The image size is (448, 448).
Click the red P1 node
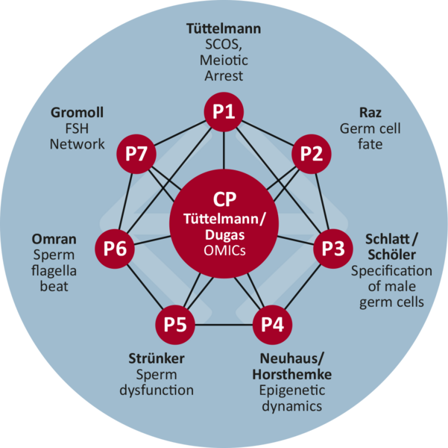point(224,112)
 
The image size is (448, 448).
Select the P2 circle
point(310,153)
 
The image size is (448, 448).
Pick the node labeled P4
point(272,325)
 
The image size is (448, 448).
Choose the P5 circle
point(175,325)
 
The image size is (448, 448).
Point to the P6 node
point(115,247)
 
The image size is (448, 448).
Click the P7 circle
point(136,153)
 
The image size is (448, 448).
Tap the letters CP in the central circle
point(224,200)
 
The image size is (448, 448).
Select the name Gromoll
point(78,113)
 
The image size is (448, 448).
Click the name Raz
point(370,113)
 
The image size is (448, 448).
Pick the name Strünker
point(157,358)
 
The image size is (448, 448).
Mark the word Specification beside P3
point(391,270)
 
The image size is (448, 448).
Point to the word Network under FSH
point(78,144)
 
